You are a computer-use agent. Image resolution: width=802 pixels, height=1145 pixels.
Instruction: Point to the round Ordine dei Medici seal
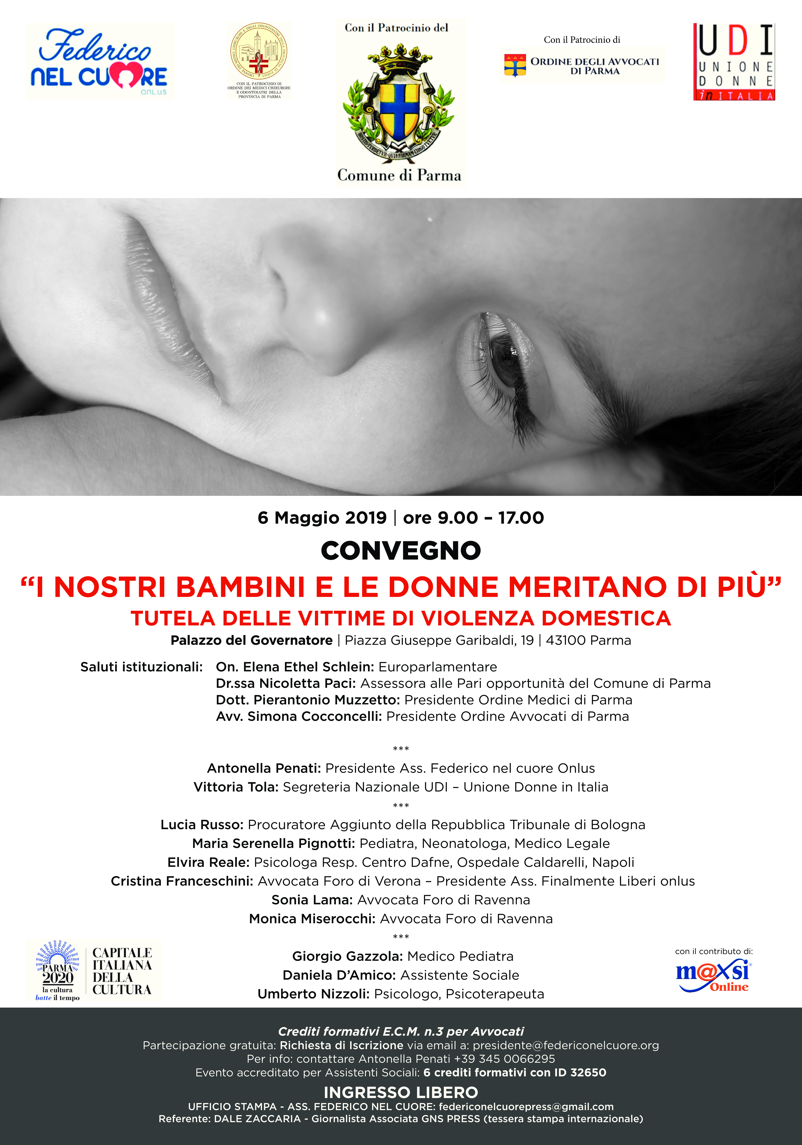[x=259, y=51]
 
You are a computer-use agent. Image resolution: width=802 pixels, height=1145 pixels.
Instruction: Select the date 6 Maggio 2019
[x=322, y=518]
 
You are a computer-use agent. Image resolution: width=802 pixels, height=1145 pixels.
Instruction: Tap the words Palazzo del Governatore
[x=252, y=640]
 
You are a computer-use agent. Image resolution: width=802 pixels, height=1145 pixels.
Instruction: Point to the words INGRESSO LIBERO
[x=401, y=1092]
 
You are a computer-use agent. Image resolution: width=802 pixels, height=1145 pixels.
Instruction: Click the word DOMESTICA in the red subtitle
[x=606, y=618]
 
